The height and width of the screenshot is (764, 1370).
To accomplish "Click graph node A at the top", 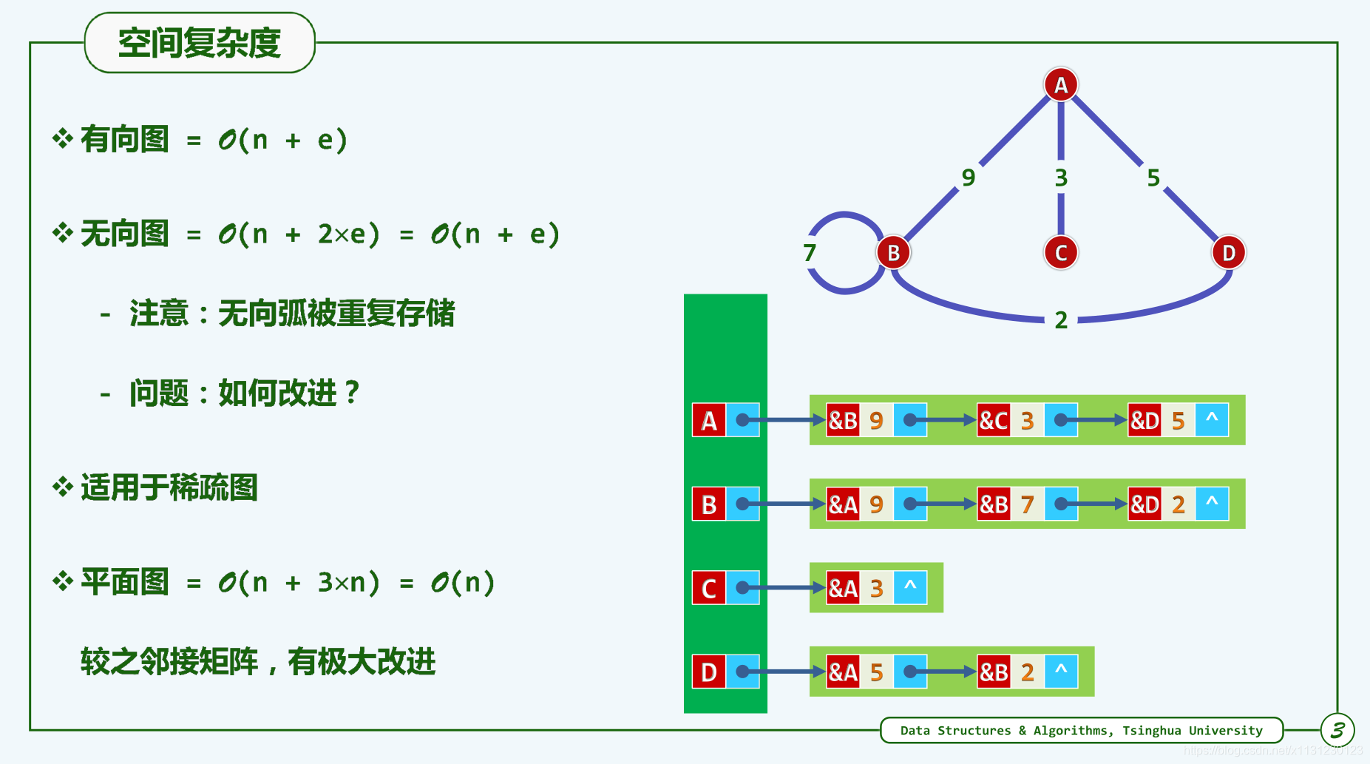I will (1060, 85).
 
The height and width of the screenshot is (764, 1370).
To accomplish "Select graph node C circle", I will (1060, 253).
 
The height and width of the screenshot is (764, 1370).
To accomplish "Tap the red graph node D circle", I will (1228, 253).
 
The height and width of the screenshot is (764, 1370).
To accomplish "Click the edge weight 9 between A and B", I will (968, 178).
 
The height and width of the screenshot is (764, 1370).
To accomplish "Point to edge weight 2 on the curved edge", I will (1060, 320).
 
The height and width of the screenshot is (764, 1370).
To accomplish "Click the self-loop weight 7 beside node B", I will (810, 253).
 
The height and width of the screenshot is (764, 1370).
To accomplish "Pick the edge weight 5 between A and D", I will (1153, 178).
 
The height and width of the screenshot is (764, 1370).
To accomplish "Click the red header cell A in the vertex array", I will (708, 420).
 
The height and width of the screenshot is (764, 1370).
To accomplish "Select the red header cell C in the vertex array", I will (708, 588).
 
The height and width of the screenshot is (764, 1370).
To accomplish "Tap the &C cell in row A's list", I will (993, 420).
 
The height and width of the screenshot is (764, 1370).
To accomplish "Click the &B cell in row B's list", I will (993, 504).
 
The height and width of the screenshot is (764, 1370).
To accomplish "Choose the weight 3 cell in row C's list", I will (876, 588).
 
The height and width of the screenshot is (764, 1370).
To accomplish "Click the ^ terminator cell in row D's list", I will (1061, 672).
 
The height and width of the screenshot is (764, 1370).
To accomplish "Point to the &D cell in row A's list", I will (1144, 420).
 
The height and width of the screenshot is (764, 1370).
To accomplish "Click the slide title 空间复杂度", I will (200, 43).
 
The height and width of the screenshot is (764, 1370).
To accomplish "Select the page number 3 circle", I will (1337, 731).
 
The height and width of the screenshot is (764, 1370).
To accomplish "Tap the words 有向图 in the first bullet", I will (124, 140).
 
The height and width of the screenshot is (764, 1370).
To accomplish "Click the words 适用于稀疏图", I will (169, 488).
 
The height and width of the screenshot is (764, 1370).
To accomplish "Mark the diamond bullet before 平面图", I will (62, 582).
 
